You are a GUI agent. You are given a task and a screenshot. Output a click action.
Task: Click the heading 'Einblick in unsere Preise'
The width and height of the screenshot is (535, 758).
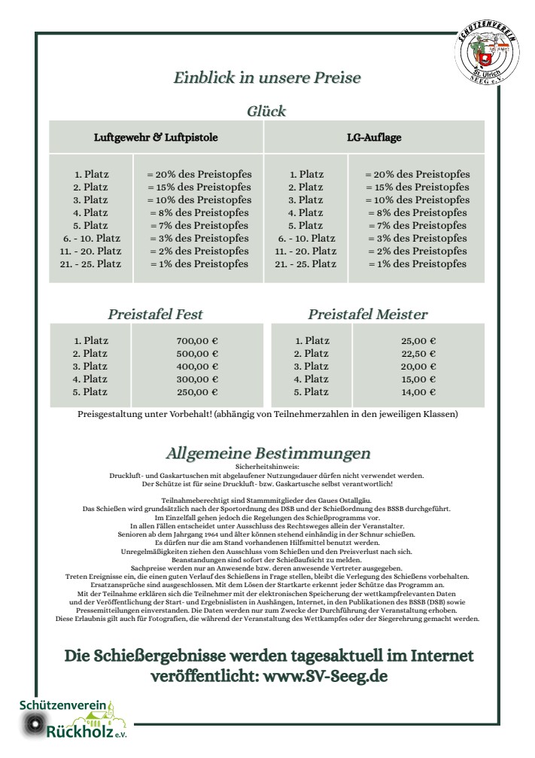[x=267, y=78]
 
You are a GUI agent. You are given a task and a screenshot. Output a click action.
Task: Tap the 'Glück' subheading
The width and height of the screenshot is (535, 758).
[x=266, y=111]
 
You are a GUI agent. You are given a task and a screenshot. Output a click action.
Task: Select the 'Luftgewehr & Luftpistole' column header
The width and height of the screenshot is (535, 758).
[x=156, y=138]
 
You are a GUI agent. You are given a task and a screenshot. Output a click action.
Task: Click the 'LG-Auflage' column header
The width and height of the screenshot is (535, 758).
[x=374, y=138]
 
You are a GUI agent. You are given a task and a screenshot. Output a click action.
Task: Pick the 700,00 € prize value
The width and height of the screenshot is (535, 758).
[x=196, y=341]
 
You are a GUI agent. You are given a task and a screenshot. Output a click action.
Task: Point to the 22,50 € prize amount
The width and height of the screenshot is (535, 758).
[x=419, y=354]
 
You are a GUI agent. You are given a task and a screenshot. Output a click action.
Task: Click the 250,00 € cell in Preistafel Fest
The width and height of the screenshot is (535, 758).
[x=196, y=392]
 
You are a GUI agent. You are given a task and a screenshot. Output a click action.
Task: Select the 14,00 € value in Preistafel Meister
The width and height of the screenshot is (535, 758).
[x=419, y=392]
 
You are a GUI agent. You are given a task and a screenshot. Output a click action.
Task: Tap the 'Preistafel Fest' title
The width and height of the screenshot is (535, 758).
[x=155, y=314]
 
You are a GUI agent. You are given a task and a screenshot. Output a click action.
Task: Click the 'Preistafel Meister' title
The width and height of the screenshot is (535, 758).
[x=367, y=314]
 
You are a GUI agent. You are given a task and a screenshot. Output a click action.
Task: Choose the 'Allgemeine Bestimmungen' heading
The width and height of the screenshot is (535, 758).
[x=267, y=453]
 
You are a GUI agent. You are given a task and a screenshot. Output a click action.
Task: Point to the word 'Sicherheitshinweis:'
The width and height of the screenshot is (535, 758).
[x=267, y=467]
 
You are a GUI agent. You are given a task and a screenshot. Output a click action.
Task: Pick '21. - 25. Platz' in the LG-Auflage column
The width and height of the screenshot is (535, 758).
[x=305, y=264]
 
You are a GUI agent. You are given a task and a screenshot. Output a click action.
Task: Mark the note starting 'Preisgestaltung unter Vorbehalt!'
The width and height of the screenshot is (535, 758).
[x=267, y=414]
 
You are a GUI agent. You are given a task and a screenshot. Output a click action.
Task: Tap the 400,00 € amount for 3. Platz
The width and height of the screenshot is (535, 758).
[x=196, y=367]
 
